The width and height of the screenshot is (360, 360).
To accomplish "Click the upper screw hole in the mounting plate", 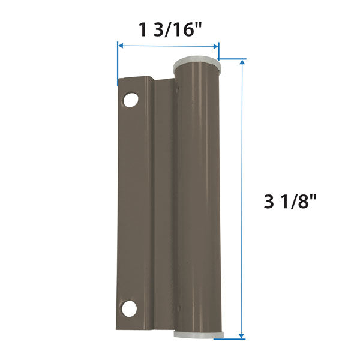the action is tap(131, 100).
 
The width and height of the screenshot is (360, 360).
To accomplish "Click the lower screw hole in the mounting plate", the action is tap(129, 308).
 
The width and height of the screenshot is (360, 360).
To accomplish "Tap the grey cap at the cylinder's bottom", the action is tap(199, 334).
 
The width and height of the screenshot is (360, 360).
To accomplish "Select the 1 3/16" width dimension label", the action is tap(170, 30).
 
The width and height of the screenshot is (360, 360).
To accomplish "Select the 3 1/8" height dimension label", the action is tap(290, 202).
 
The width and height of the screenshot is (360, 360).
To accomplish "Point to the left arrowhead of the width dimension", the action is tap(121, 46).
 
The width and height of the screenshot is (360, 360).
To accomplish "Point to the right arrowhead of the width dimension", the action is tap(215, 46).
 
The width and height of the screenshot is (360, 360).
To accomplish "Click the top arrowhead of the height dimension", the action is tap(242, 62).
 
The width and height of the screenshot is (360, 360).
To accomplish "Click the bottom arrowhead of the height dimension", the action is tap(241, 335).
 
